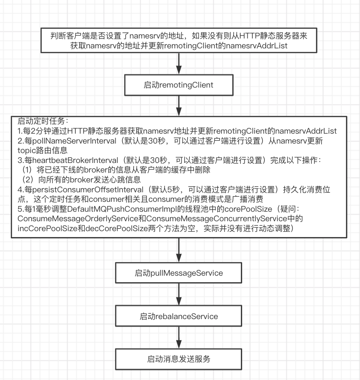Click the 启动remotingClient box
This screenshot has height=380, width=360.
click(x=178, y=85)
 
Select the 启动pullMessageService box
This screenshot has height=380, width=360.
click(x=178, y=273)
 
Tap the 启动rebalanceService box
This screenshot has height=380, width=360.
click(x=178, y=316)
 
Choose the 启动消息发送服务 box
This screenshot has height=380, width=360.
click(x=178, y=359)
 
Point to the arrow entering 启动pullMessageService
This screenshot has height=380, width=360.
click(x=178, y=251)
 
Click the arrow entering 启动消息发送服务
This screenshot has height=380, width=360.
click(x=178, y=337)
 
